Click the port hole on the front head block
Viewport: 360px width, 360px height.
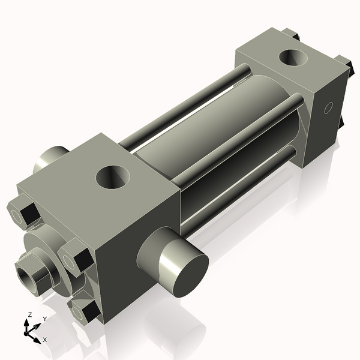(x=113, y=177)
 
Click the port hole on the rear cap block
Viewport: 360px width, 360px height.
(x=294, y=59)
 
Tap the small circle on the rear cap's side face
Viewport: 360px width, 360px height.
(x=328, y=108)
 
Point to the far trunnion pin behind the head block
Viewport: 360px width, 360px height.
(x=50, y=158)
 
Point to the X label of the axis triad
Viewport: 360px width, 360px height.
(x=45, y=340)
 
